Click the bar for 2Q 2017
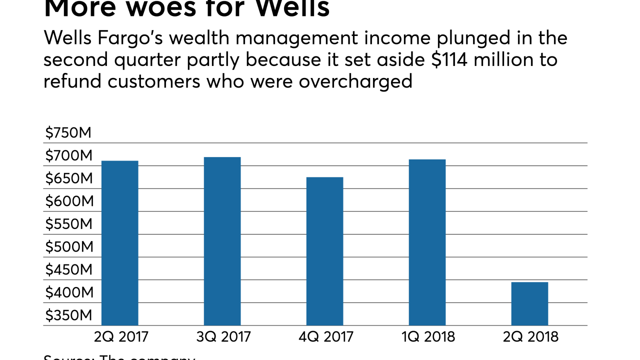pyautogui.click(x=120, y=243)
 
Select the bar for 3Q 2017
pyautogui.click(x=222, y=241)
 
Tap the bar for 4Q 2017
pyautogui.click(x=324, y=251)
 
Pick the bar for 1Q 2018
pyautogui.click(x=427, y=242)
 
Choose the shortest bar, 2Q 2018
pyautogui.click(x=529, y=303)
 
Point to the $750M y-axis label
pyautogui.click(x=68, y=133)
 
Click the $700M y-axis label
pyautogui.click(x=68, y=156)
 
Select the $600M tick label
pyautogui.click(x=68, y=201)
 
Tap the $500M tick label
pyautogui.click(x=68, y=247)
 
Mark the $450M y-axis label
pyautogui.click(x=68, y=270)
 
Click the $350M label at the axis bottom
pyautogui.click(x=68, y=315)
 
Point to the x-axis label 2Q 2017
pyautogui.click(x=121, y=336)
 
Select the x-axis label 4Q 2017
pyautogui.click(x=325, y=336)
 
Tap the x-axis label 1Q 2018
pyautogui.click(x=428, y=336)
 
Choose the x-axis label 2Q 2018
pyautogui.click(x=530, y=336)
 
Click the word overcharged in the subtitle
pyautogui.click(x=355, y=81)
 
